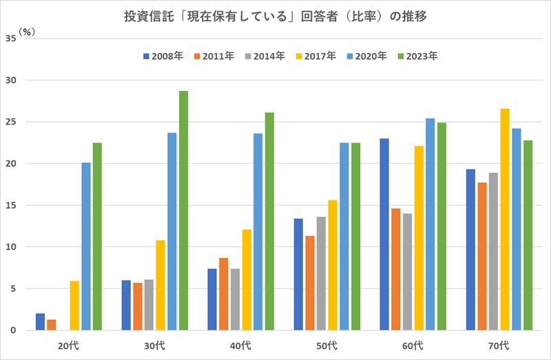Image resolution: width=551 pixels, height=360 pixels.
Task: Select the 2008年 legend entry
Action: pyautogui.click(x=163, y=56)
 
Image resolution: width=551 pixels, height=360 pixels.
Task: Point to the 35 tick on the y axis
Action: pyautogui.click(x=12, y=39)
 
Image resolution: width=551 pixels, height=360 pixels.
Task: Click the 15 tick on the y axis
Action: pyautogui.click(x=12, y=205)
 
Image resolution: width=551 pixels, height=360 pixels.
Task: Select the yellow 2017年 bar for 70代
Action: pyautogui.click(x=505, y=220)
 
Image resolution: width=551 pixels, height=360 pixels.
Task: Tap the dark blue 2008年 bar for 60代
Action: pyautogui.click(x=384, y=235)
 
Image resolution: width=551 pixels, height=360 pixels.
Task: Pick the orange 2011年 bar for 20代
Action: pyautogui.click(x=52, y=325)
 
